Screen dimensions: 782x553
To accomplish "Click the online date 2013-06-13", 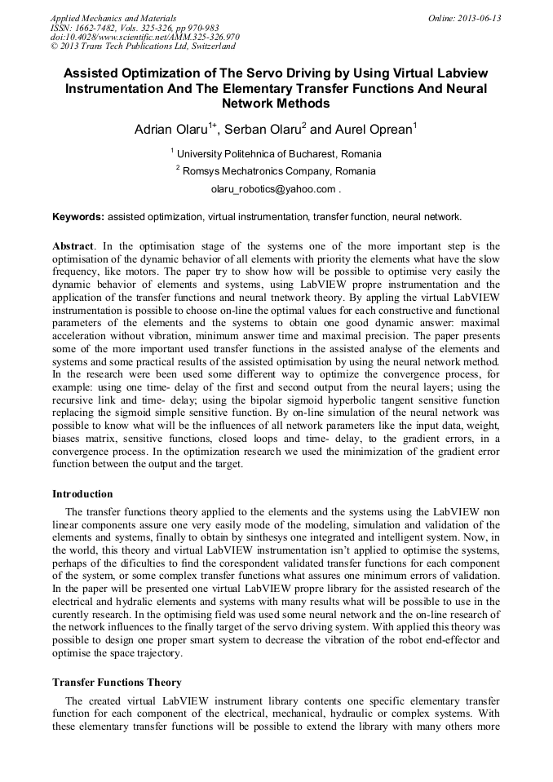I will click(x=478, y=18).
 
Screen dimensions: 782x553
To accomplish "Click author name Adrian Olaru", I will click(x=171, y=129).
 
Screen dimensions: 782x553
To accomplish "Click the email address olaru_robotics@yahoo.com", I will click(x=273, y=189).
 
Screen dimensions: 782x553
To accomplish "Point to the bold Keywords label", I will click(x=78, y=217).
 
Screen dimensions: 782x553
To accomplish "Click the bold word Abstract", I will click(x=73, y=246).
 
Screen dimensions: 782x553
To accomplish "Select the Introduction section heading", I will click(x=82, y=494).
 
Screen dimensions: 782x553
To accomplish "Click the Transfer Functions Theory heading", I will click(x=117, y=683).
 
